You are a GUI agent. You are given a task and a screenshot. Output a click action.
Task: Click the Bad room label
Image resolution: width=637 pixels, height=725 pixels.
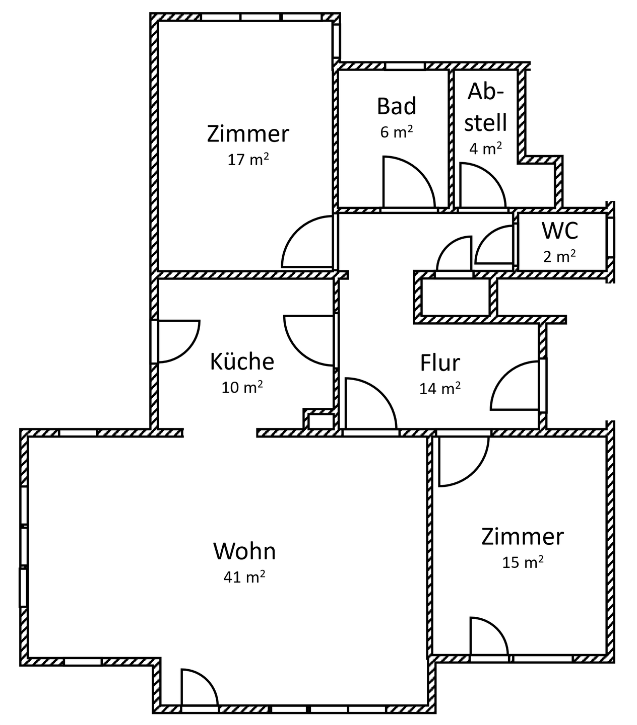(397, 107)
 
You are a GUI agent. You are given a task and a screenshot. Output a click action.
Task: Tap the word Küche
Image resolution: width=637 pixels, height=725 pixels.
(242, 361)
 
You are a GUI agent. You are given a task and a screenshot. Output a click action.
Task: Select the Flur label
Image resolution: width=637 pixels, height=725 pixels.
(440, 363)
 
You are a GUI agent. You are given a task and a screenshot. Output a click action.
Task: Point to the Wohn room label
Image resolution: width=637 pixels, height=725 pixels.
(244, 551)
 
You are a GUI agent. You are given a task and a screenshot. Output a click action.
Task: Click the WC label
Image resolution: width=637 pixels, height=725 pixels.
(560, 231)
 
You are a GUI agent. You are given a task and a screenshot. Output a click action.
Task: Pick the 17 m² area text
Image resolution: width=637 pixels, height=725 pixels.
(247, 160)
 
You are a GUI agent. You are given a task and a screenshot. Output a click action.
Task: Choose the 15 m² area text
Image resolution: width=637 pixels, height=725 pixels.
(523, 562)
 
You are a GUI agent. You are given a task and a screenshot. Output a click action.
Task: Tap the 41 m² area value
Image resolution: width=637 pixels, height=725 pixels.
(244, 577)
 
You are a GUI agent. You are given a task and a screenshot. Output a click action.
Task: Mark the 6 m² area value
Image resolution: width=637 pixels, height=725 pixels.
(397, 132)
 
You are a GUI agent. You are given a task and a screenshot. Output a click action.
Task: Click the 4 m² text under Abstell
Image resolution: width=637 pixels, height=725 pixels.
(485, 149)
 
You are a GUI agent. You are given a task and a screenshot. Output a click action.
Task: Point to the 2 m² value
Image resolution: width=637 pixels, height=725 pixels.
(559, 257)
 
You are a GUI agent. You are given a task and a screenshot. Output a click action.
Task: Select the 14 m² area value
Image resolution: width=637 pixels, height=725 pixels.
(440, 389)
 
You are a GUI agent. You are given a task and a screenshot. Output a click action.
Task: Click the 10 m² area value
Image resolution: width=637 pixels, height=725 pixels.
(242, 388)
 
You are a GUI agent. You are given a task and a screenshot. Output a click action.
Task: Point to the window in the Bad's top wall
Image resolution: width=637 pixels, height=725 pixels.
(405, 66)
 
